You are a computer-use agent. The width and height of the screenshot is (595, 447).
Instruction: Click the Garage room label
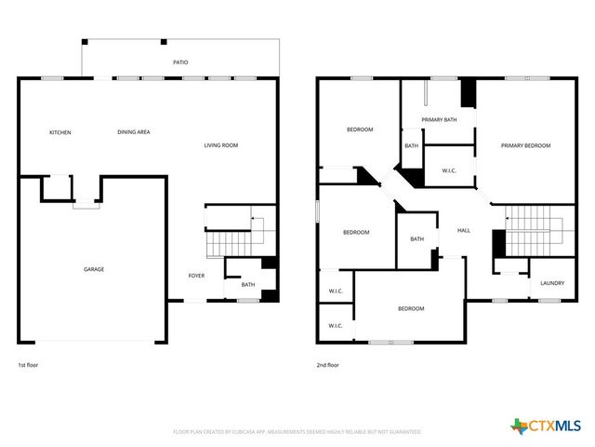(x=94, y=269)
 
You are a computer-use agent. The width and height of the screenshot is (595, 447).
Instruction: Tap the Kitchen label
(x=59, y=132)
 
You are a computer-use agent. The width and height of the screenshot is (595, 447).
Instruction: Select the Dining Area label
(x=134, y=132)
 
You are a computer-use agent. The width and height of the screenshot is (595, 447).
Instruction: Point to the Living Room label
(x=221, y=145)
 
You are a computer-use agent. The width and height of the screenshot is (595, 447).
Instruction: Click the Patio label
(x=180, y=62)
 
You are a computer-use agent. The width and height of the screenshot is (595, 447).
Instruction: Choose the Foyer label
(x=196, y=276)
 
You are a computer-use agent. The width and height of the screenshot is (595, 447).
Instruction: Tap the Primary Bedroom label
(x=525, y=145)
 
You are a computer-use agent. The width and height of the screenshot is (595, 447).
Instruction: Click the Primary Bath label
(x=439, y=120)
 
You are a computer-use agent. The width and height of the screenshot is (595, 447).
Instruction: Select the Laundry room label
(x=552, y=283)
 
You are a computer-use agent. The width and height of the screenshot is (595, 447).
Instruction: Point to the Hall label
(x=464, y=231)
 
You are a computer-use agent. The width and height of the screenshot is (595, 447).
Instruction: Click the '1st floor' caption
(x=28, y=365)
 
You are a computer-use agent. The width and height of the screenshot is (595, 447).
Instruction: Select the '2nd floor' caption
(x=328, y=365)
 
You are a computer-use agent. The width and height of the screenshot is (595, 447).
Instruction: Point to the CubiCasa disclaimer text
(x=297, y=432)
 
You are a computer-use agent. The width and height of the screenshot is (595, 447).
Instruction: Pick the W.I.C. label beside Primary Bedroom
(x=448, y=170)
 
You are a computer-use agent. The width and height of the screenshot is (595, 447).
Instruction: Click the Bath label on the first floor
(x=248, y=285)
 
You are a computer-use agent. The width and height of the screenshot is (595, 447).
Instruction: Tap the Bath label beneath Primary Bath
(x=411, y=146)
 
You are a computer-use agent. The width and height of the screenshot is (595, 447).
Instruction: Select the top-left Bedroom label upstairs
(x=360, y=129)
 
